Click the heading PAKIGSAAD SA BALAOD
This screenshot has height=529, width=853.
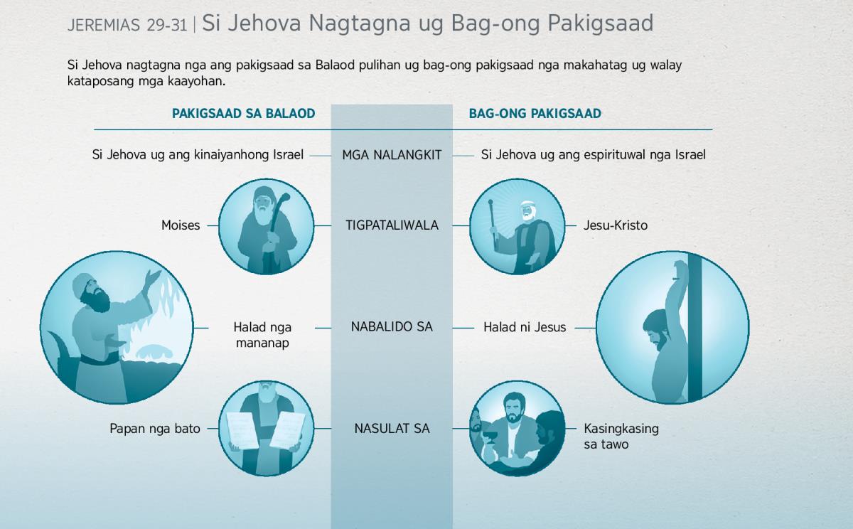(243, 114)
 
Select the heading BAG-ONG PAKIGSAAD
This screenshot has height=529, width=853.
(535, 114)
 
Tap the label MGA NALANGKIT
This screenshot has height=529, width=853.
(392, 155)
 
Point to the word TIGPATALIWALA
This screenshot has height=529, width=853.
(392, 225)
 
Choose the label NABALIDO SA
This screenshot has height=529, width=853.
(392, 327)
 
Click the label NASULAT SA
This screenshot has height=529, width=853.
(392, 429)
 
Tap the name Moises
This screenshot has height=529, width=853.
(181, 225)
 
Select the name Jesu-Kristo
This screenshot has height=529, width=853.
(616, 225)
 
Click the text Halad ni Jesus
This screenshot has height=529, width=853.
(525, 327)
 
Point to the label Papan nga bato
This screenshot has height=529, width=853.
(155, 429)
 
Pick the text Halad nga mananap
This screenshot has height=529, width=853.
(262, 335)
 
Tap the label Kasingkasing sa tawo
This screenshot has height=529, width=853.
(621, 437)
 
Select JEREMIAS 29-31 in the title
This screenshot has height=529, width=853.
(127, 25)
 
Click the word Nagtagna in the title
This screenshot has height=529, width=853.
(359, 23)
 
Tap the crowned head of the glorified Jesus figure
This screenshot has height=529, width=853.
(527, 210)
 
